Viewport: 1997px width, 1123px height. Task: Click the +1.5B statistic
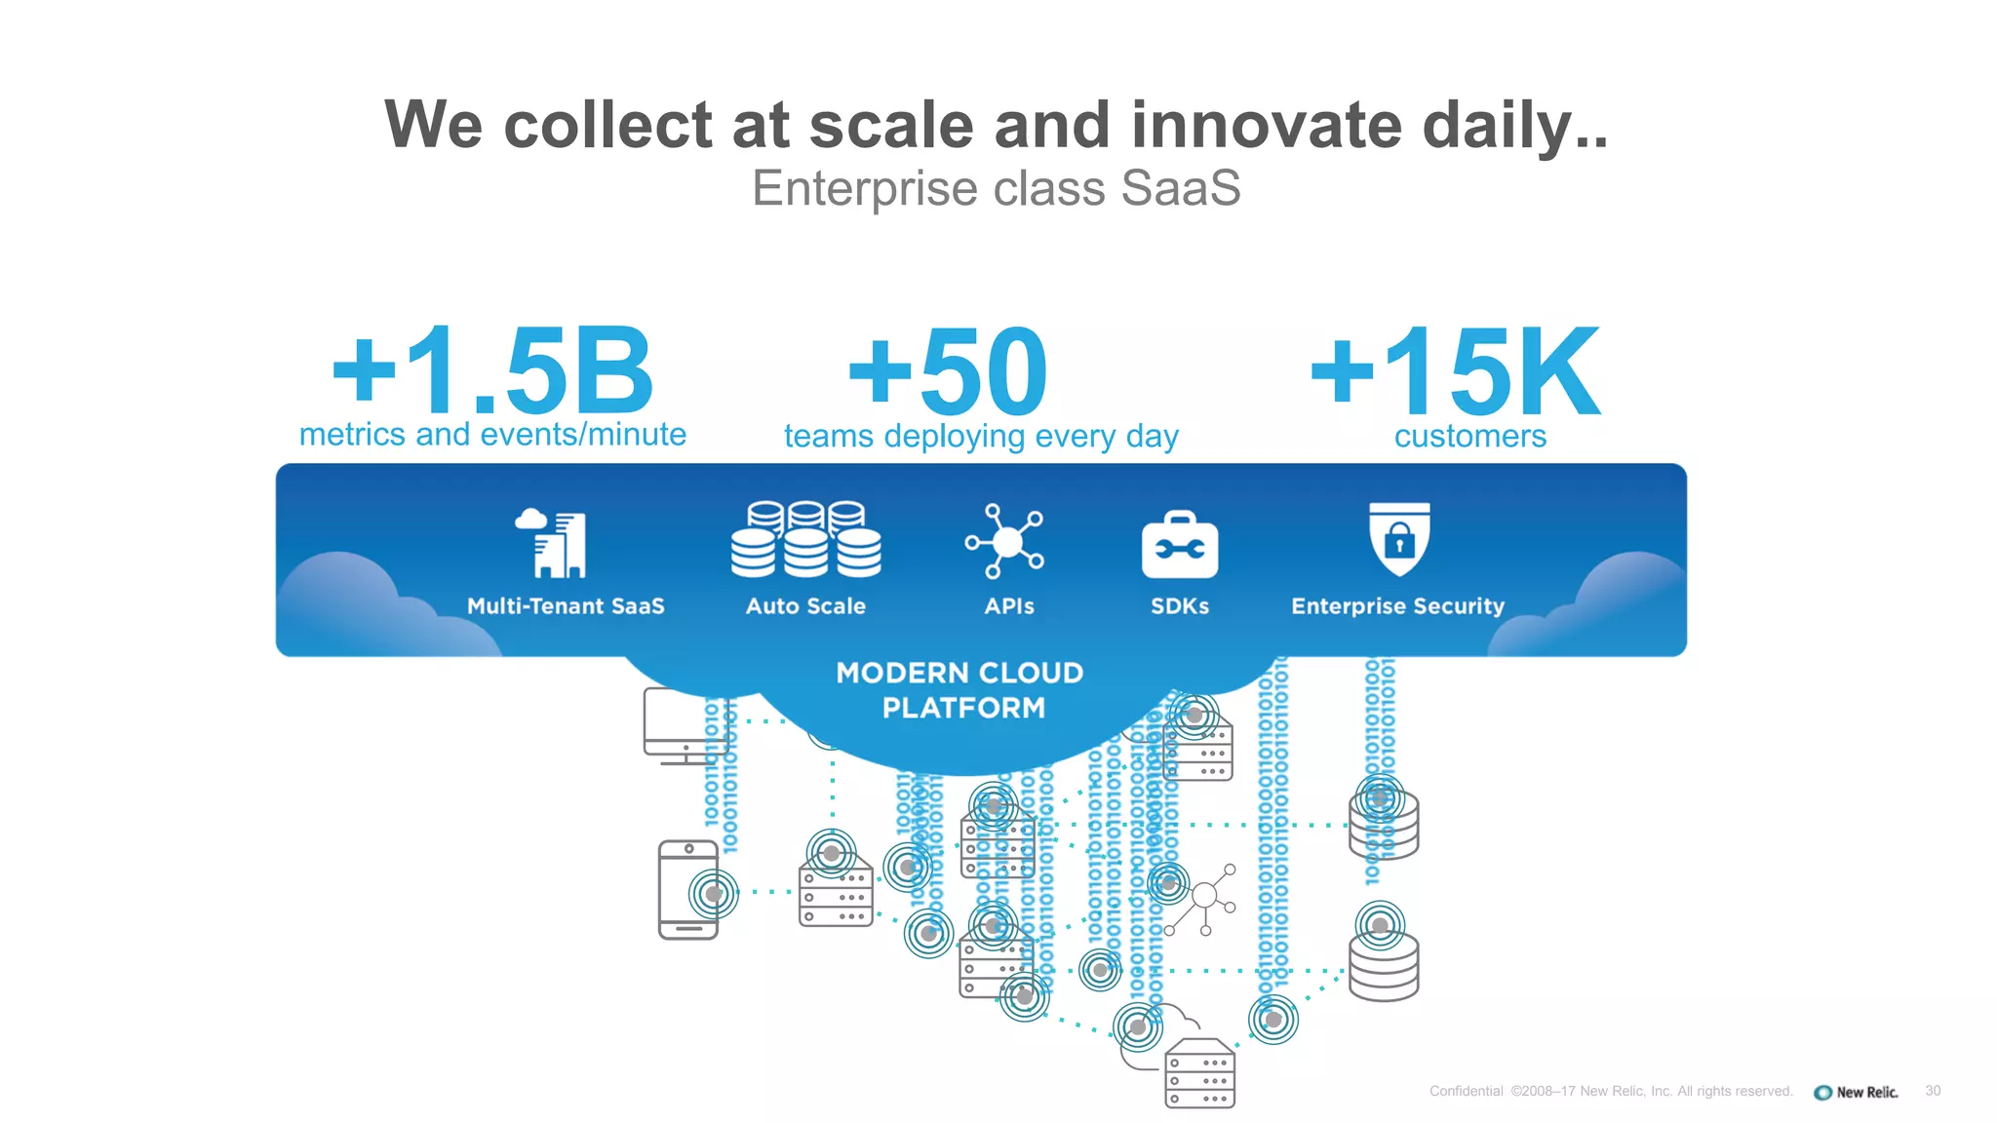tap(492, 371)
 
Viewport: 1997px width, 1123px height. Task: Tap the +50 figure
tap(948, 371)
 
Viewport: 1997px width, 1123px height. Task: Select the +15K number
tap(1455, 371)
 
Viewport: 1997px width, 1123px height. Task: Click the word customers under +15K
tap(1469, 436)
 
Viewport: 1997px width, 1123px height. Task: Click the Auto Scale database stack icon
tap(805, 539)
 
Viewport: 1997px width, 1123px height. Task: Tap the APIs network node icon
tap(1005, 540)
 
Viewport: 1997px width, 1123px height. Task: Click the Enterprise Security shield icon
tap(1398, 538)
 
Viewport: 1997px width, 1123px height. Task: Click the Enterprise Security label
tap(1397, 606)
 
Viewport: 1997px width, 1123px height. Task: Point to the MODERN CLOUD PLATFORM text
tap(960, 690)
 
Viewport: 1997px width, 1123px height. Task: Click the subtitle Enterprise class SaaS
tap(996, 188)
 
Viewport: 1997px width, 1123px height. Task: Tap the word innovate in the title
tap(1266, 125)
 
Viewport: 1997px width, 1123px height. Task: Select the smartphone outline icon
tap(687, 890)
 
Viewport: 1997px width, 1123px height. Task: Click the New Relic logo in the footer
tap(1856, 1092)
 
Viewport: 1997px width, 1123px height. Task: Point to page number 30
tap(1933, 1091)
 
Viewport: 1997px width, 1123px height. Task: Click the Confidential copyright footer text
tap(1610, 1091)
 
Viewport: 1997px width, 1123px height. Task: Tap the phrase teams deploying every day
tap(981, 436)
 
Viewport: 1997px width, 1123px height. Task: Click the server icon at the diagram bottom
tap(1199, 1073)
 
